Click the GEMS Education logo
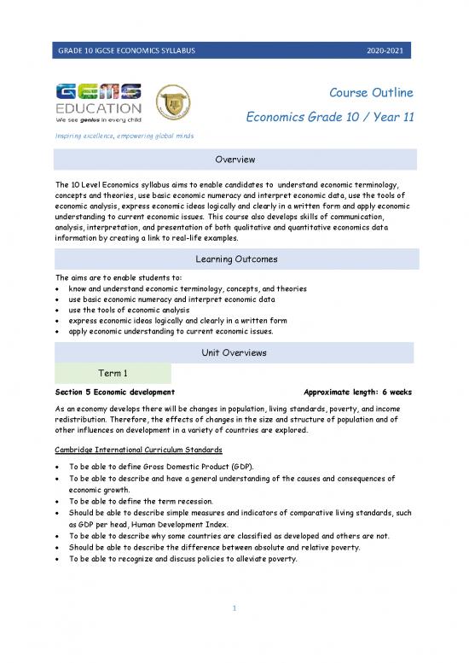tap(98, 102)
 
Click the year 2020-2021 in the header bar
tap(392, 52)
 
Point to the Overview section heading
tap(234, 160)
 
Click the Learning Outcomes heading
tap(234, 259)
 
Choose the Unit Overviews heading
tap(234, 352)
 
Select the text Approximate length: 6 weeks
tap(357, 393)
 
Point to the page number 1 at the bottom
tap(234, 632)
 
